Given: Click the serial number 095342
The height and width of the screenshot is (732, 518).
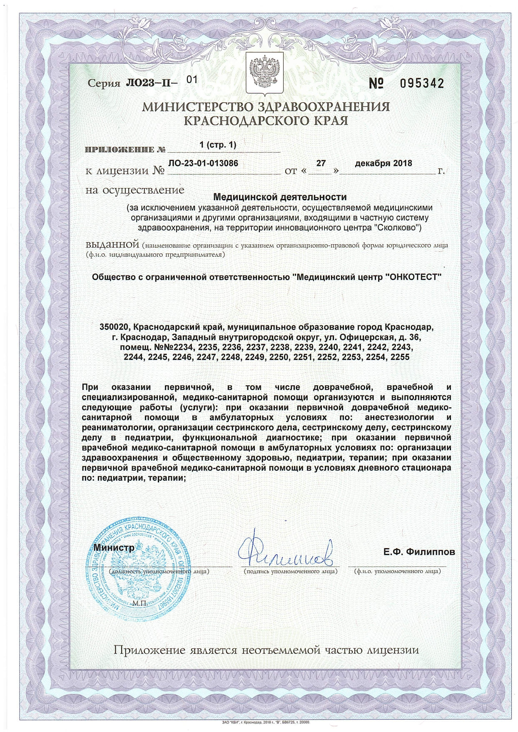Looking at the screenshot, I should (x=421, y=84).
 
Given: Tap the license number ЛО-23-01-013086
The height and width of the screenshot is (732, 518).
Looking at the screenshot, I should (x=204, y=164).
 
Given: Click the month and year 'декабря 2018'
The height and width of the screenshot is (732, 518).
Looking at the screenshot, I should (x=383, y=164).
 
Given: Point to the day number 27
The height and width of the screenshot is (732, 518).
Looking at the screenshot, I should (x=321, y=164).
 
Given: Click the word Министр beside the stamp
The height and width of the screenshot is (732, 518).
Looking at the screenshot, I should (x=114, y=547).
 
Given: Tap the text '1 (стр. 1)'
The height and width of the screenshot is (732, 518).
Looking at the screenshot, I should (x=218, y=145).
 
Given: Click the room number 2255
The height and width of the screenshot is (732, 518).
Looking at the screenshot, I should (x=400, y=357).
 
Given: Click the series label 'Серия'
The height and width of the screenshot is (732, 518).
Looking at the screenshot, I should (x=104, y=83).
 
